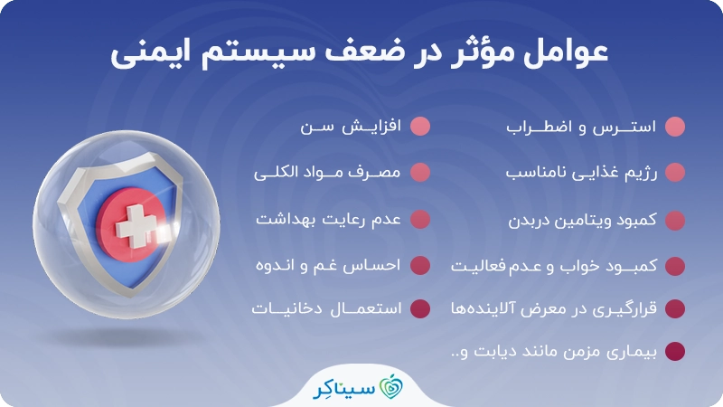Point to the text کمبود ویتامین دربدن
tap(569, 221)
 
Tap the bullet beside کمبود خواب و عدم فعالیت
tap(674, 266)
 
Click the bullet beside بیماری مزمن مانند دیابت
tap(674, 351)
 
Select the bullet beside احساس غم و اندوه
tap(419, 266)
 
